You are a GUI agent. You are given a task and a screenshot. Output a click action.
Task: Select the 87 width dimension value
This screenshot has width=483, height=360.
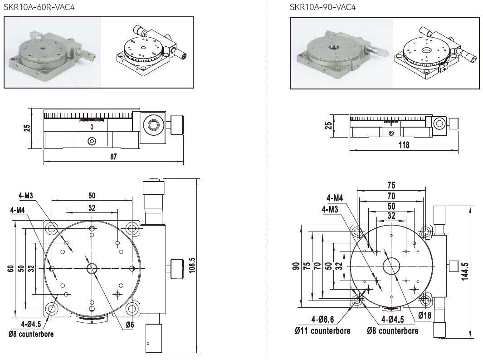(x=113, y=157)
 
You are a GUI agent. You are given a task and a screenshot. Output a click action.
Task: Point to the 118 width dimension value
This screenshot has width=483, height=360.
(x=403, y=145)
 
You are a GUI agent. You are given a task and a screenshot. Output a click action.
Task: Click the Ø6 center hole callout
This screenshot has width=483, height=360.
(x=130, y=325)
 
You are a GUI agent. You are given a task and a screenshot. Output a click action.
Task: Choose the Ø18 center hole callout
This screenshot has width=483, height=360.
(x=424, y=315)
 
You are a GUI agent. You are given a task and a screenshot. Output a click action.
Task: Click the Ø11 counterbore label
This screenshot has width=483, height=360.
(x=322, y=330)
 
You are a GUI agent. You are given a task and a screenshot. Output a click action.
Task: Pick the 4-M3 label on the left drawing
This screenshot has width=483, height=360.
(x=26, y=196)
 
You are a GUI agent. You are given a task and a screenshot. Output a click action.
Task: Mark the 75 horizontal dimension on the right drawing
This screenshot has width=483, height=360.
(x=391, y=185)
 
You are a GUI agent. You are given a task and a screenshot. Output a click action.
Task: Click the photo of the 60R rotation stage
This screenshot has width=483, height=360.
(x=52, y=52)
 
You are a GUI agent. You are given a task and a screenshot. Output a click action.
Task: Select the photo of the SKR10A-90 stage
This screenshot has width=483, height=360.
(x=340, y=52)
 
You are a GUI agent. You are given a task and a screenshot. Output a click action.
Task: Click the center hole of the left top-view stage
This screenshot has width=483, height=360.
(x=92, y=269)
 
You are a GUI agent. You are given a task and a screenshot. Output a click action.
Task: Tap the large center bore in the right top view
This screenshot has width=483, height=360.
(x=391, y=266)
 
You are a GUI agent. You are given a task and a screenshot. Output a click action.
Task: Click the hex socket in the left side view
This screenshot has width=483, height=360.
(x=153, y=124)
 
